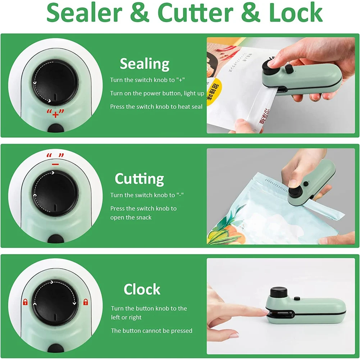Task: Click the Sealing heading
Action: coord(145,64)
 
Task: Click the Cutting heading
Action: coord(139,179)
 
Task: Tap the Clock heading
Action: coord(142,289)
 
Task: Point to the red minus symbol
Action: coord(55,163)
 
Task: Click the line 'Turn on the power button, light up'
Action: coord(157,94)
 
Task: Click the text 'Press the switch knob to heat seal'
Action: coord(156,107)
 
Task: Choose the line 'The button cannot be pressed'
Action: coord(151,331)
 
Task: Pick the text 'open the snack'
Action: coord(131,218)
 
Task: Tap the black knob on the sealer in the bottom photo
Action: coord(277,292)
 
